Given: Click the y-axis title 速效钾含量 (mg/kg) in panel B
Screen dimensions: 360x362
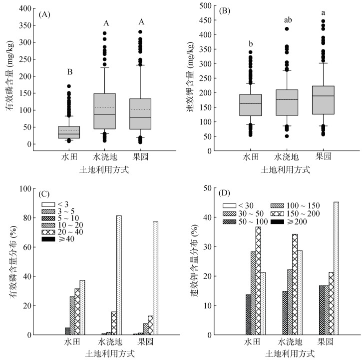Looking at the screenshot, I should point(191,77).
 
